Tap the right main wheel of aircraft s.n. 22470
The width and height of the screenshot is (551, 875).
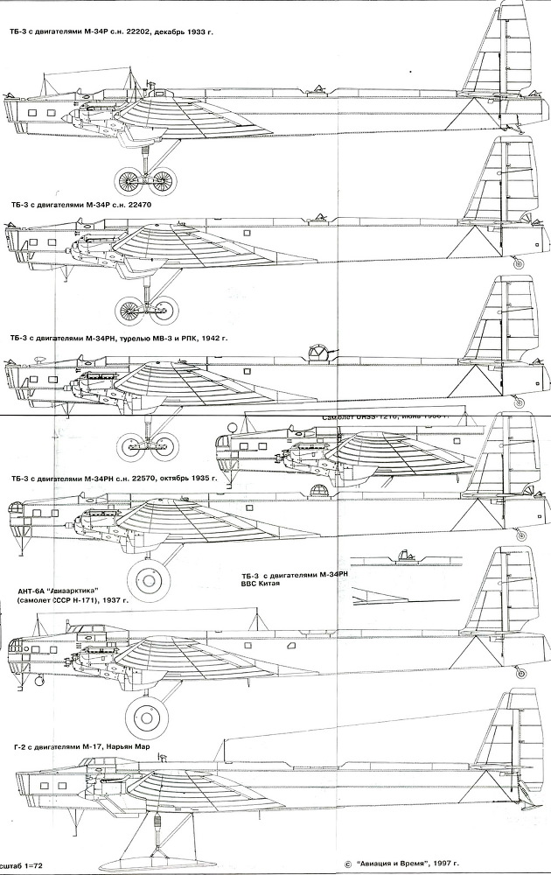pyautogui.click(x=164, y=308)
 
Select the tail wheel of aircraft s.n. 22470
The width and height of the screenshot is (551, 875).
pyautogui.click(x=519, y=262)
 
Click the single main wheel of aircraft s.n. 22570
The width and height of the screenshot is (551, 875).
pyautogui.click(x=146, y=580)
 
